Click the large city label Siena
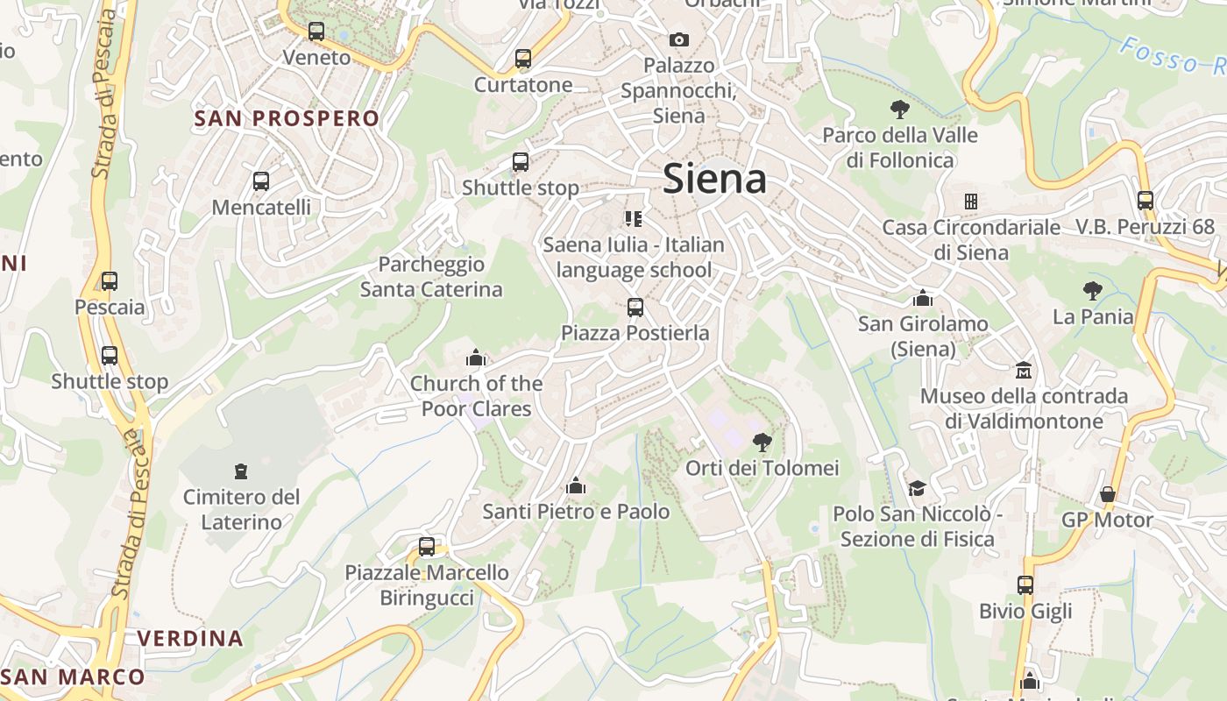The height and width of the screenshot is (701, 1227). (714, 179)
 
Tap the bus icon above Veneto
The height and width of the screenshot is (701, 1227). (316, 32)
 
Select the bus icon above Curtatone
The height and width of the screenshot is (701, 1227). (523, 60)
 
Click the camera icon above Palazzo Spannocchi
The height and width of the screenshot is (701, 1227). (678, 39)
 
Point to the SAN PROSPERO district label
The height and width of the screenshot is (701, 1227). (287, 118)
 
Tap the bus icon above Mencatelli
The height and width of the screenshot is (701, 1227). (261, 182)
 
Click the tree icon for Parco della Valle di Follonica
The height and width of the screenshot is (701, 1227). (899, 110)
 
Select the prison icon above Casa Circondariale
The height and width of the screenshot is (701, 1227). (970, 202)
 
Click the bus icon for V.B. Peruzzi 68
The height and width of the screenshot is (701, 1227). (1145, 201)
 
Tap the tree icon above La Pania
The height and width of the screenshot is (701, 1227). (1092, 290)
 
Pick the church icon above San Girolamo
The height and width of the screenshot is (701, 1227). (922, 298)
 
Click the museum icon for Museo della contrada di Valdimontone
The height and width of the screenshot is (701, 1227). (1023, 370)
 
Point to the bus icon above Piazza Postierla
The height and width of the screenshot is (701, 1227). (635, 308)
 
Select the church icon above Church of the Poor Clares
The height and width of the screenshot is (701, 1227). (476, 358)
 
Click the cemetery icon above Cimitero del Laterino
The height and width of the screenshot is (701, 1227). (241, 471)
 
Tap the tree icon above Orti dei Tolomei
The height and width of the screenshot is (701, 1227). (762, 442)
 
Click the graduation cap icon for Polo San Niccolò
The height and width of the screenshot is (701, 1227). (917, 488)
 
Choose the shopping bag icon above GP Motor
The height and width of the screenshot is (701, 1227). (1108, 494)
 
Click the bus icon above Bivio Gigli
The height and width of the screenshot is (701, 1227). (1025, 584)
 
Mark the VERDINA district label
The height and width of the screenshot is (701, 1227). (190, 638)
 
